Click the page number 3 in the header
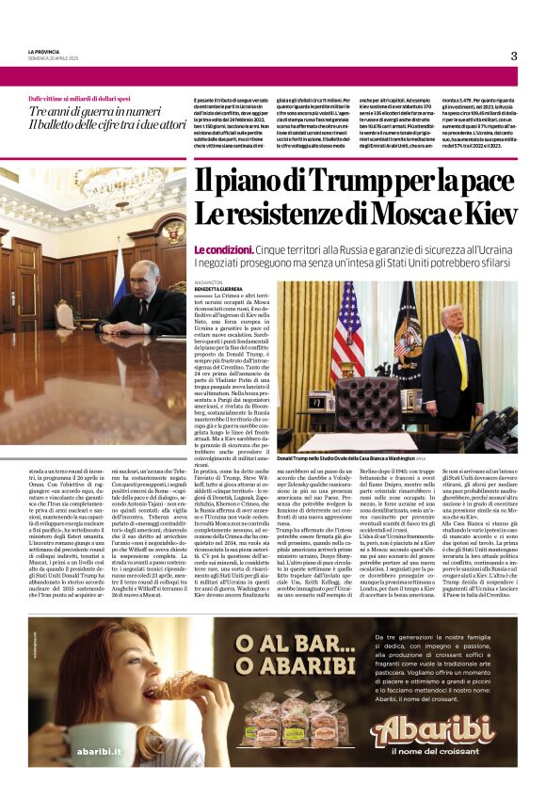(x=514, y=56)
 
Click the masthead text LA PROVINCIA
(x=45, y=51)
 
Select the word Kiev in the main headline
(x=486, y=214)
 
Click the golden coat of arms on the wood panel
(x=174, y=232)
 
